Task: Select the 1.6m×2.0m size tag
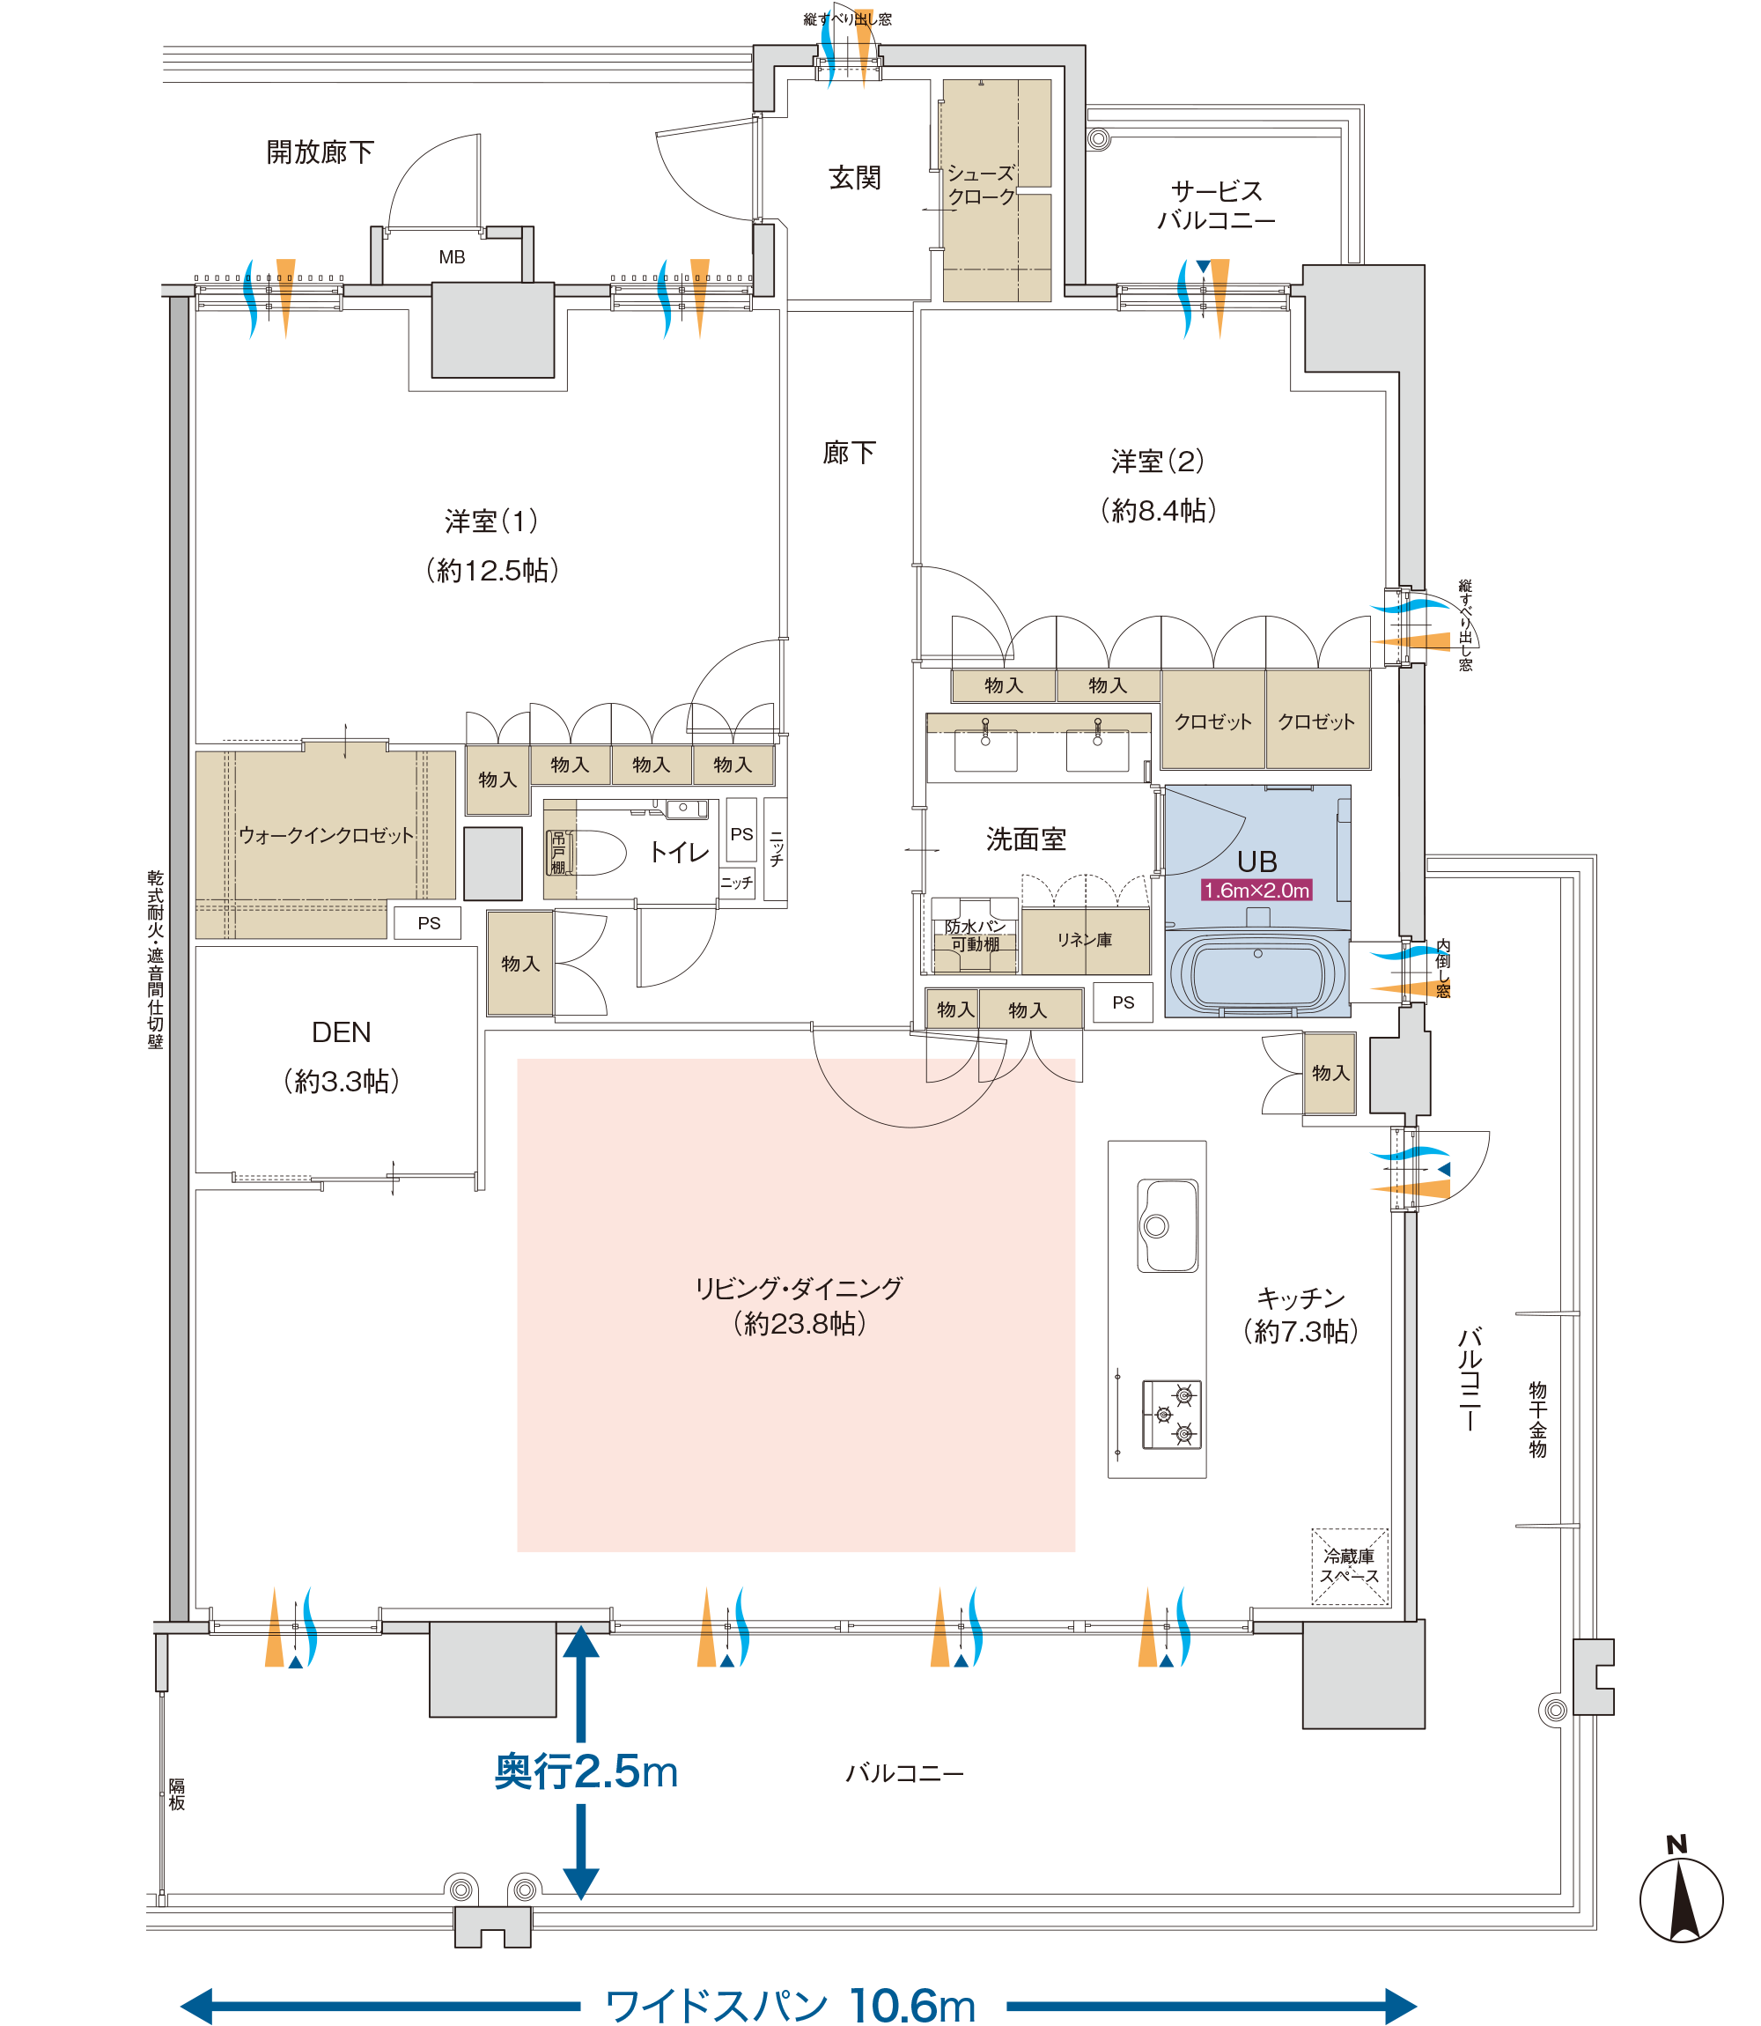[1256, 891]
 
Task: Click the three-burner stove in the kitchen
[1171, 1415]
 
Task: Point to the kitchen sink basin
[1168, 1226]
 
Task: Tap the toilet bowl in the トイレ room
[595, 854]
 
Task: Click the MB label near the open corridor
[452, 257]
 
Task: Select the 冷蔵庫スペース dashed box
[1349, 1567]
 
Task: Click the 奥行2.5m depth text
[586, 1771]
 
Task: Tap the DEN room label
[341, 1032]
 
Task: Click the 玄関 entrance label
[855, 178]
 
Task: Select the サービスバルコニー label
[1216, 205]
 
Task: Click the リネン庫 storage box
[1085, 941]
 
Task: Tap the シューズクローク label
[981, 185]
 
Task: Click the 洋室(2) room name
[1158, 461]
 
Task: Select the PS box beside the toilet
[741, 833]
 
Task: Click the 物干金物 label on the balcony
[1538, 1419]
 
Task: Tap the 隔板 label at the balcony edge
[176, 1794]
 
